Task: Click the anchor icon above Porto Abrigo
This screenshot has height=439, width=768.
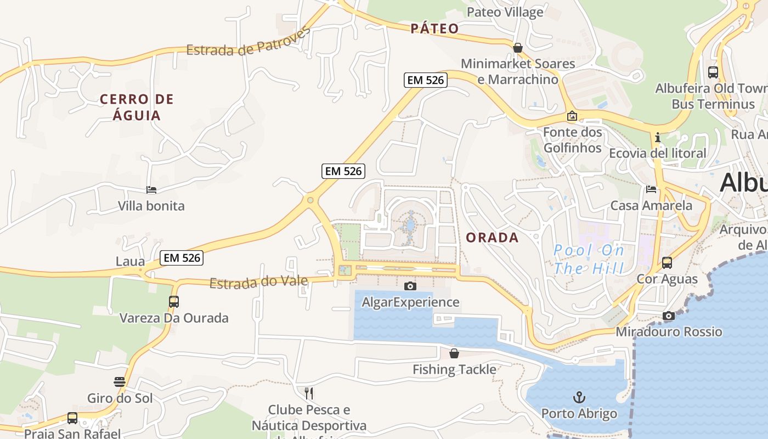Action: point(579,397)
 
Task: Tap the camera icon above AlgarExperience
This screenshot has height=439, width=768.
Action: point(410,286)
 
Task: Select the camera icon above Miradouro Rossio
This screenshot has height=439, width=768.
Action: point(668,316)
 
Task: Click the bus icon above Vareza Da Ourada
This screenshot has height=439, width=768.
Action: point(174,301)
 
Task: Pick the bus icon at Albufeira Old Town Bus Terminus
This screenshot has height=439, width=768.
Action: point(713,72)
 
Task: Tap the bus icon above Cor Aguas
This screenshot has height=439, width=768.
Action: point(667,263)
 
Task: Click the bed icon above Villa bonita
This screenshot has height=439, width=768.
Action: point(151,190)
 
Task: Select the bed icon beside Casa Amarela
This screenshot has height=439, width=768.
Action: point(651,189)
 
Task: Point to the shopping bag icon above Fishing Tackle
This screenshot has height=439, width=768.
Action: point(454,353)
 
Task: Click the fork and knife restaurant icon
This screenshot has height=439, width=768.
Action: point(309,393)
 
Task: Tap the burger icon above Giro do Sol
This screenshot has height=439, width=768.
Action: point(120,381)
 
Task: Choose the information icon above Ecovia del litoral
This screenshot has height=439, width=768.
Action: point(657,137)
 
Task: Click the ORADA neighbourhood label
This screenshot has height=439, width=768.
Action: point(492,237)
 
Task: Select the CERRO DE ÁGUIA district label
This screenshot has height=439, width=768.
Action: point(137,107)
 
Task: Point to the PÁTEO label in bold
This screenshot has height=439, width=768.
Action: point(434,29)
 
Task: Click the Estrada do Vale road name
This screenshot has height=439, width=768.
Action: point(258,283)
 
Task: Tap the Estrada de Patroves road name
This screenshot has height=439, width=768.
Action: point(248,42)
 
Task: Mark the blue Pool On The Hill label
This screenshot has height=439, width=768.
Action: point(589,260)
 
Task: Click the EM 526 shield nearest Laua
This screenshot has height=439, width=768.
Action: point(182,257)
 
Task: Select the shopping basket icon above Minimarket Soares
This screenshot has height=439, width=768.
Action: point(517,48)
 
